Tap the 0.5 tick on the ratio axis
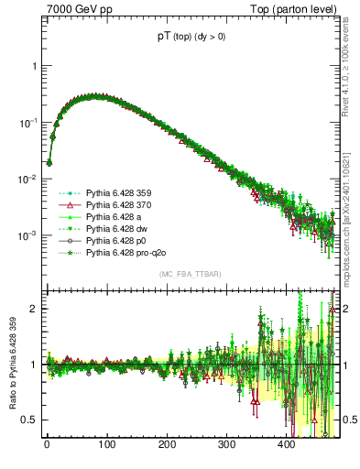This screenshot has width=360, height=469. (29, 420)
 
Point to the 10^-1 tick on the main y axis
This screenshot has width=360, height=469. (28, 123)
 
